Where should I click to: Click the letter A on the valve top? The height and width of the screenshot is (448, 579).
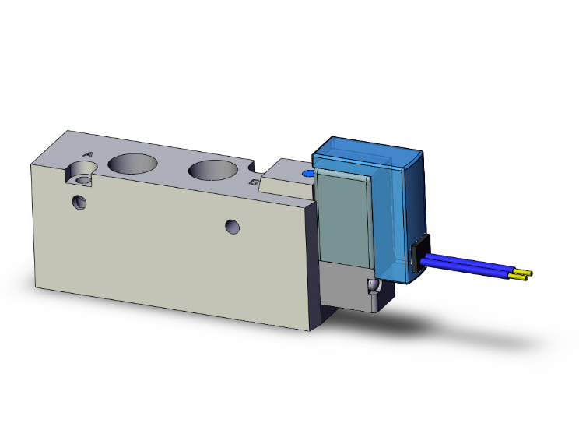87,155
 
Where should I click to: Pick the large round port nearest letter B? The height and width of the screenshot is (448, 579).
212,170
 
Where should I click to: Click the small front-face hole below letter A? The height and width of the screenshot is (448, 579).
79,203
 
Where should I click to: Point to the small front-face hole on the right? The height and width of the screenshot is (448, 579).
232,227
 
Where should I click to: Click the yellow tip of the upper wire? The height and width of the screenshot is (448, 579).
528,273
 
